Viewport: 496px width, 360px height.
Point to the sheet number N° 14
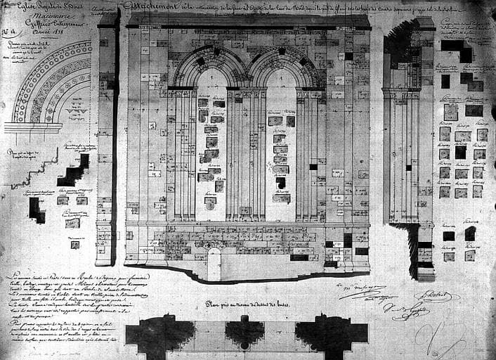(9, 31)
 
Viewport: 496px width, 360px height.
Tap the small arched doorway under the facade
(214, 264)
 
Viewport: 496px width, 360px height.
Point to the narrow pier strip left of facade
(105, 141)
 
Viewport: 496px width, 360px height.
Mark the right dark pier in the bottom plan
(330, 336)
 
